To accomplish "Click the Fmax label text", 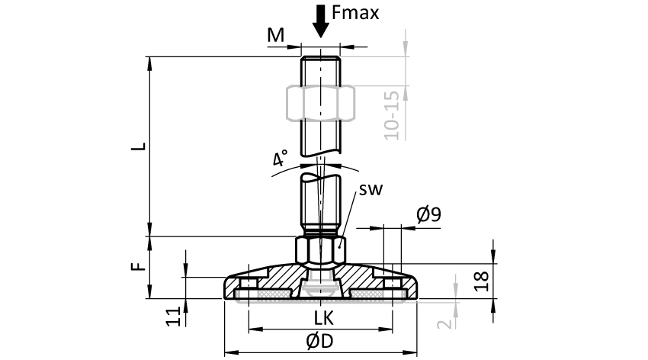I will pyautogui.click(x=355, y=13).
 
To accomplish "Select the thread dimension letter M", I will pyautogui.click(x=276, y=35).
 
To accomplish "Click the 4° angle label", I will pyautogui.click(x=280, y=159).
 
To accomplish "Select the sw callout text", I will pyautogui.click(x=371, y=188).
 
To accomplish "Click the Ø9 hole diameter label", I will pyautogui.click(x=429, y=216).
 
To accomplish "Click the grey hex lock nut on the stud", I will pyautogui.click(x=320, y=102).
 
